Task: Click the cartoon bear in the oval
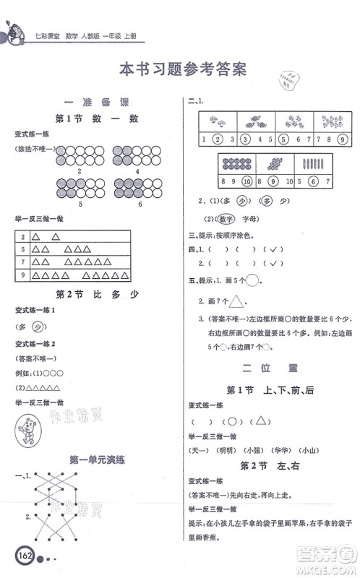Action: pyautogui.click(x=31, y=430)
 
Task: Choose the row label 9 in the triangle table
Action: pyautogui.click(x=24, y=275)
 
